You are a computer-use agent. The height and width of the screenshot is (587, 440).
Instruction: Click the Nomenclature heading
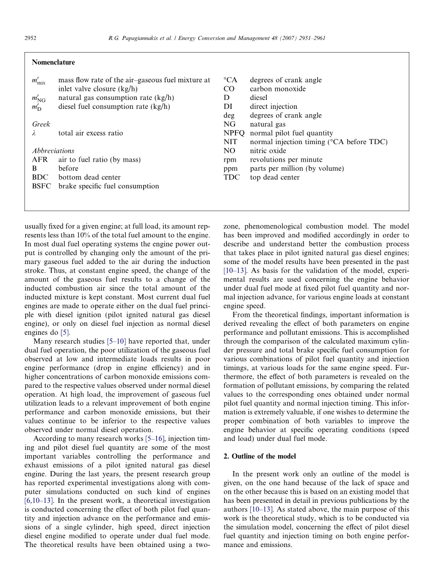click(53, 62)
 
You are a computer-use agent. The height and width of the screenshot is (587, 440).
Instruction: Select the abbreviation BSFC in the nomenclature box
click(41, 186)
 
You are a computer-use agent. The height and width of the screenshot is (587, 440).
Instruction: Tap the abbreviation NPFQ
click(234, 133)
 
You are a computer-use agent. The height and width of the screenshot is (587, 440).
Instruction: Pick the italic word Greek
click(41, 124)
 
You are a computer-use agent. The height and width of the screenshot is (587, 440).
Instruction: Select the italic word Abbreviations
click(53, 151)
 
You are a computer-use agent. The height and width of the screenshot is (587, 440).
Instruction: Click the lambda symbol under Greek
click(34, 133)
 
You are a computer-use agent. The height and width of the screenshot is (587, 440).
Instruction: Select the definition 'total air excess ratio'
click(90, 133)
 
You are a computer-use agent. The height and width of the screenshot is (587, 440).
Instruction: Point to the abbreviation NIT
click(230, 142)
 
